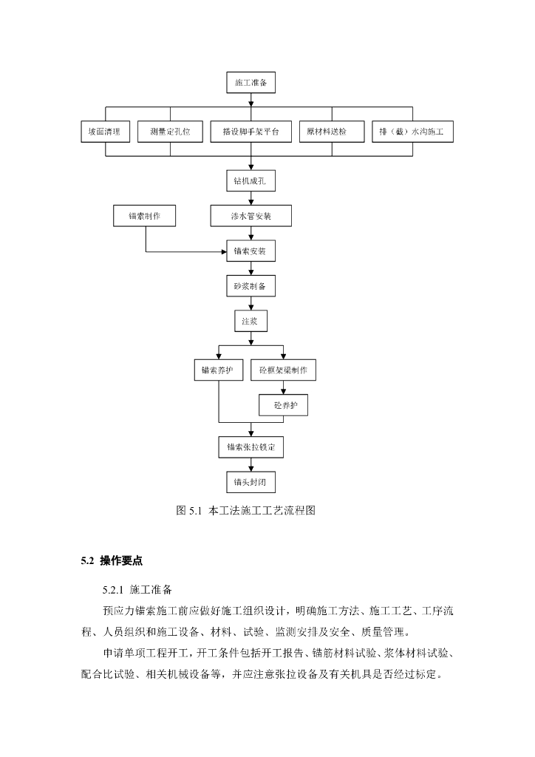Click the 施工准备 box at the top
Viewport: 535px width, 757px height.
click(251, 82)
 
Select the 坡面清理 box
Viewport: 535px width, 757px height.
click(105, 132)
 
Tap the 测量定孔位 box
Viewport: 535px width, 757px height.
click(170, 132)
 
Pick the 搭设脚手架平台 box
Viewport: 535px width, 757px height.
click(251, 132)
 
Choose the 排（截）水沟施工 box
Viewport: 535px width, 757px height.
click(412, 132)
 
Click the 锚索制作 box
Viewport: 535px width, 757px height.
click(144, 216)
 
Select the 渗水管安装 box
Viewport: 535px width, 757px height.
click(251, 216)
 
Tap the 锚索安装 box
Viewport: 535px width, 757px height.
click(251, 251)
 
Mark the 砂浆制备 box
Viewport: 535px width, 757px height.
click(251, 286)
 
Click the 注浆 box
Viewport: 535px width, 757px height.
click(251, 322)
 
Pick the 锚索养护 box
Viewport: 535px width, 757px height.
click(218, 370)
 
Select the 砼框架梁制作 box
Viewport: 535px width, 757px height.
click(283, 370)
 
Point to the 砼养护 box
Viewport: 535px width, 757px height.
click(283, 405)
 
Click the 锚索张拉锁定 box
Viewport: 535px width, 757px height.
click(251, 447)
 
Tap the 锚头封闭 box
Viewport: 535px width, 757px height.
click(251, 482)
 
